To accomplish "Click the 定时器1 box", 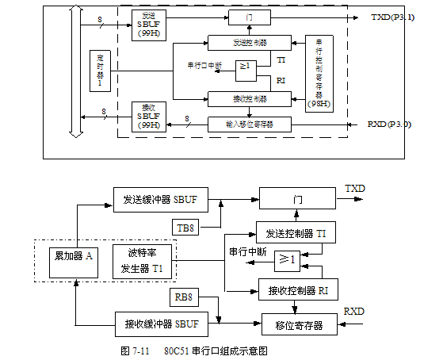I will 101,69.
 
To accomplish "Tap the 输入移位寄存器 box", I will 249,124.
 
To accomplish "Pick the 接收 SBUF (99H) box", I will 148,115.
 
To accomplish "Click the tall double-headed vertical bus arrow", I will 75,70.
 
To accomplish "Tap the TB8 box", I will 185,228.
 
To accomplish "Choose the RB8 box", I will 185,299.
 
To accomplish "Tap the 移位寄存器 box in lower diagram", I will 297,324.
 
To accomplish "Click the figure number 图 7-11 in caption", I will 135,350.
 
